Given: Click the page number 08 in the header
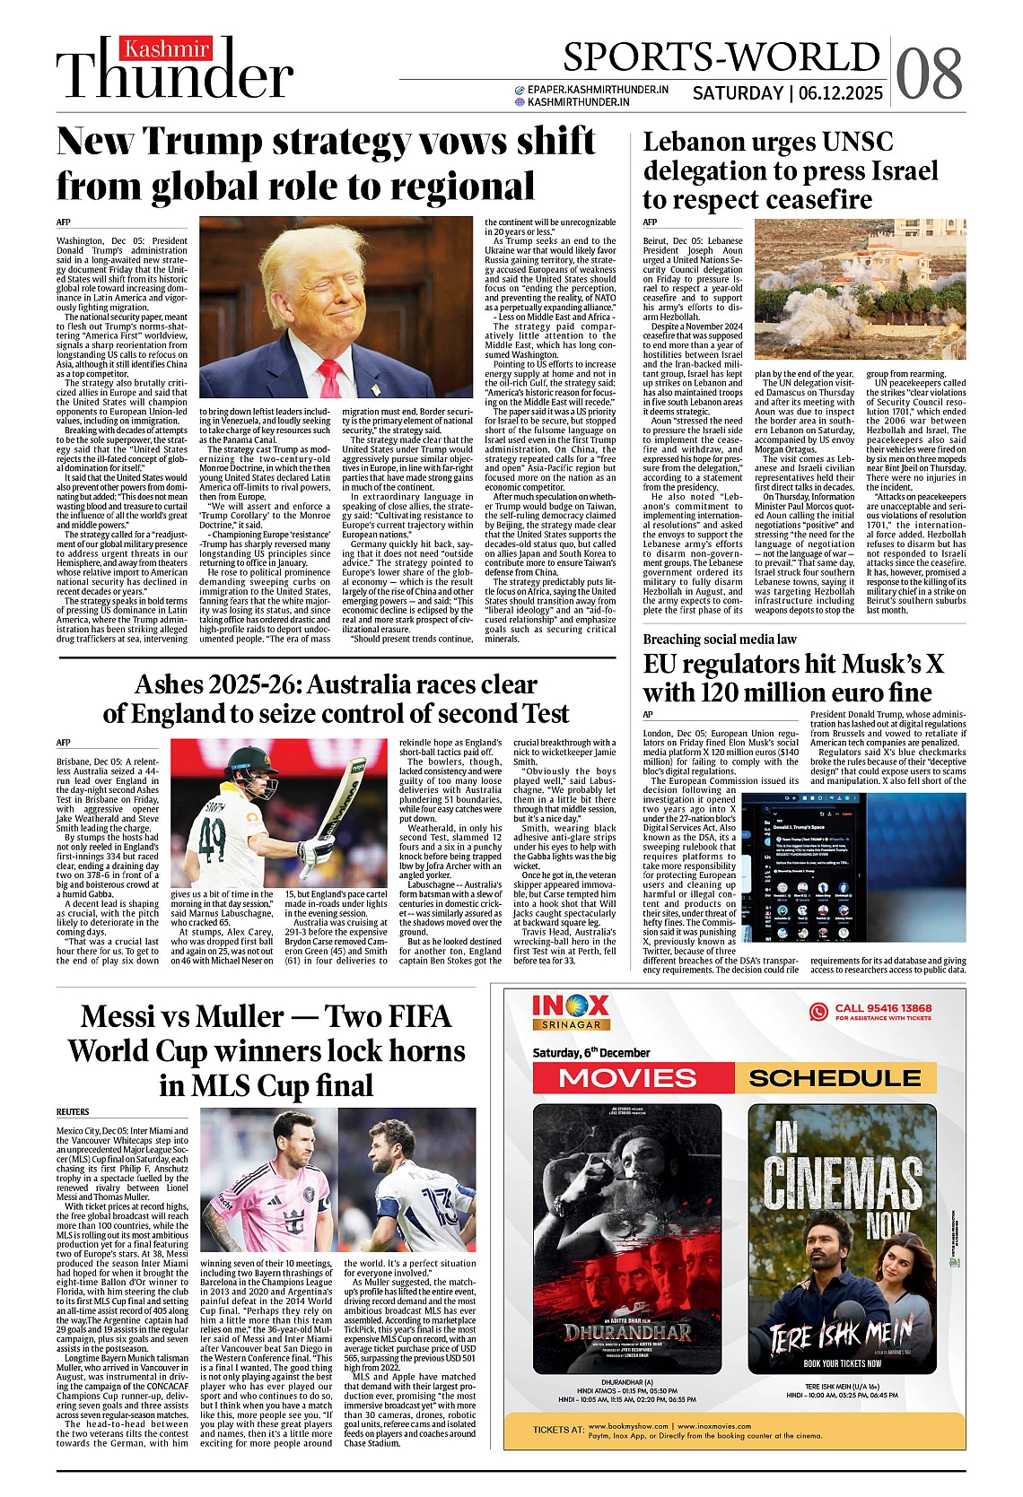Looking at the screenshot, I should (930, 72).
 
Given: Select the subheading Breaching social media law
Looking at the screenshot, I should (720, 639).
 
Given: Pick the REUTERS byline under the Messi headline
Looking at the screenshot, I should (73, 1111).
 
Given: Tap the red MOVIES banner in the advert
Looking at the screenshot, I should (627, 1077).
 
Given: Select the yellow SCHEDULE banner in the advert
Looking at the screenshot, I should (835, 1077).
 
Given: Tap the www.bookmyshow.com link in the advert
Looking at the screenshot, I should (628, 1426).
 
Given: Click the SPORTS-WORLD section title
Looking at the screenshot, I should (721, 57).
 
